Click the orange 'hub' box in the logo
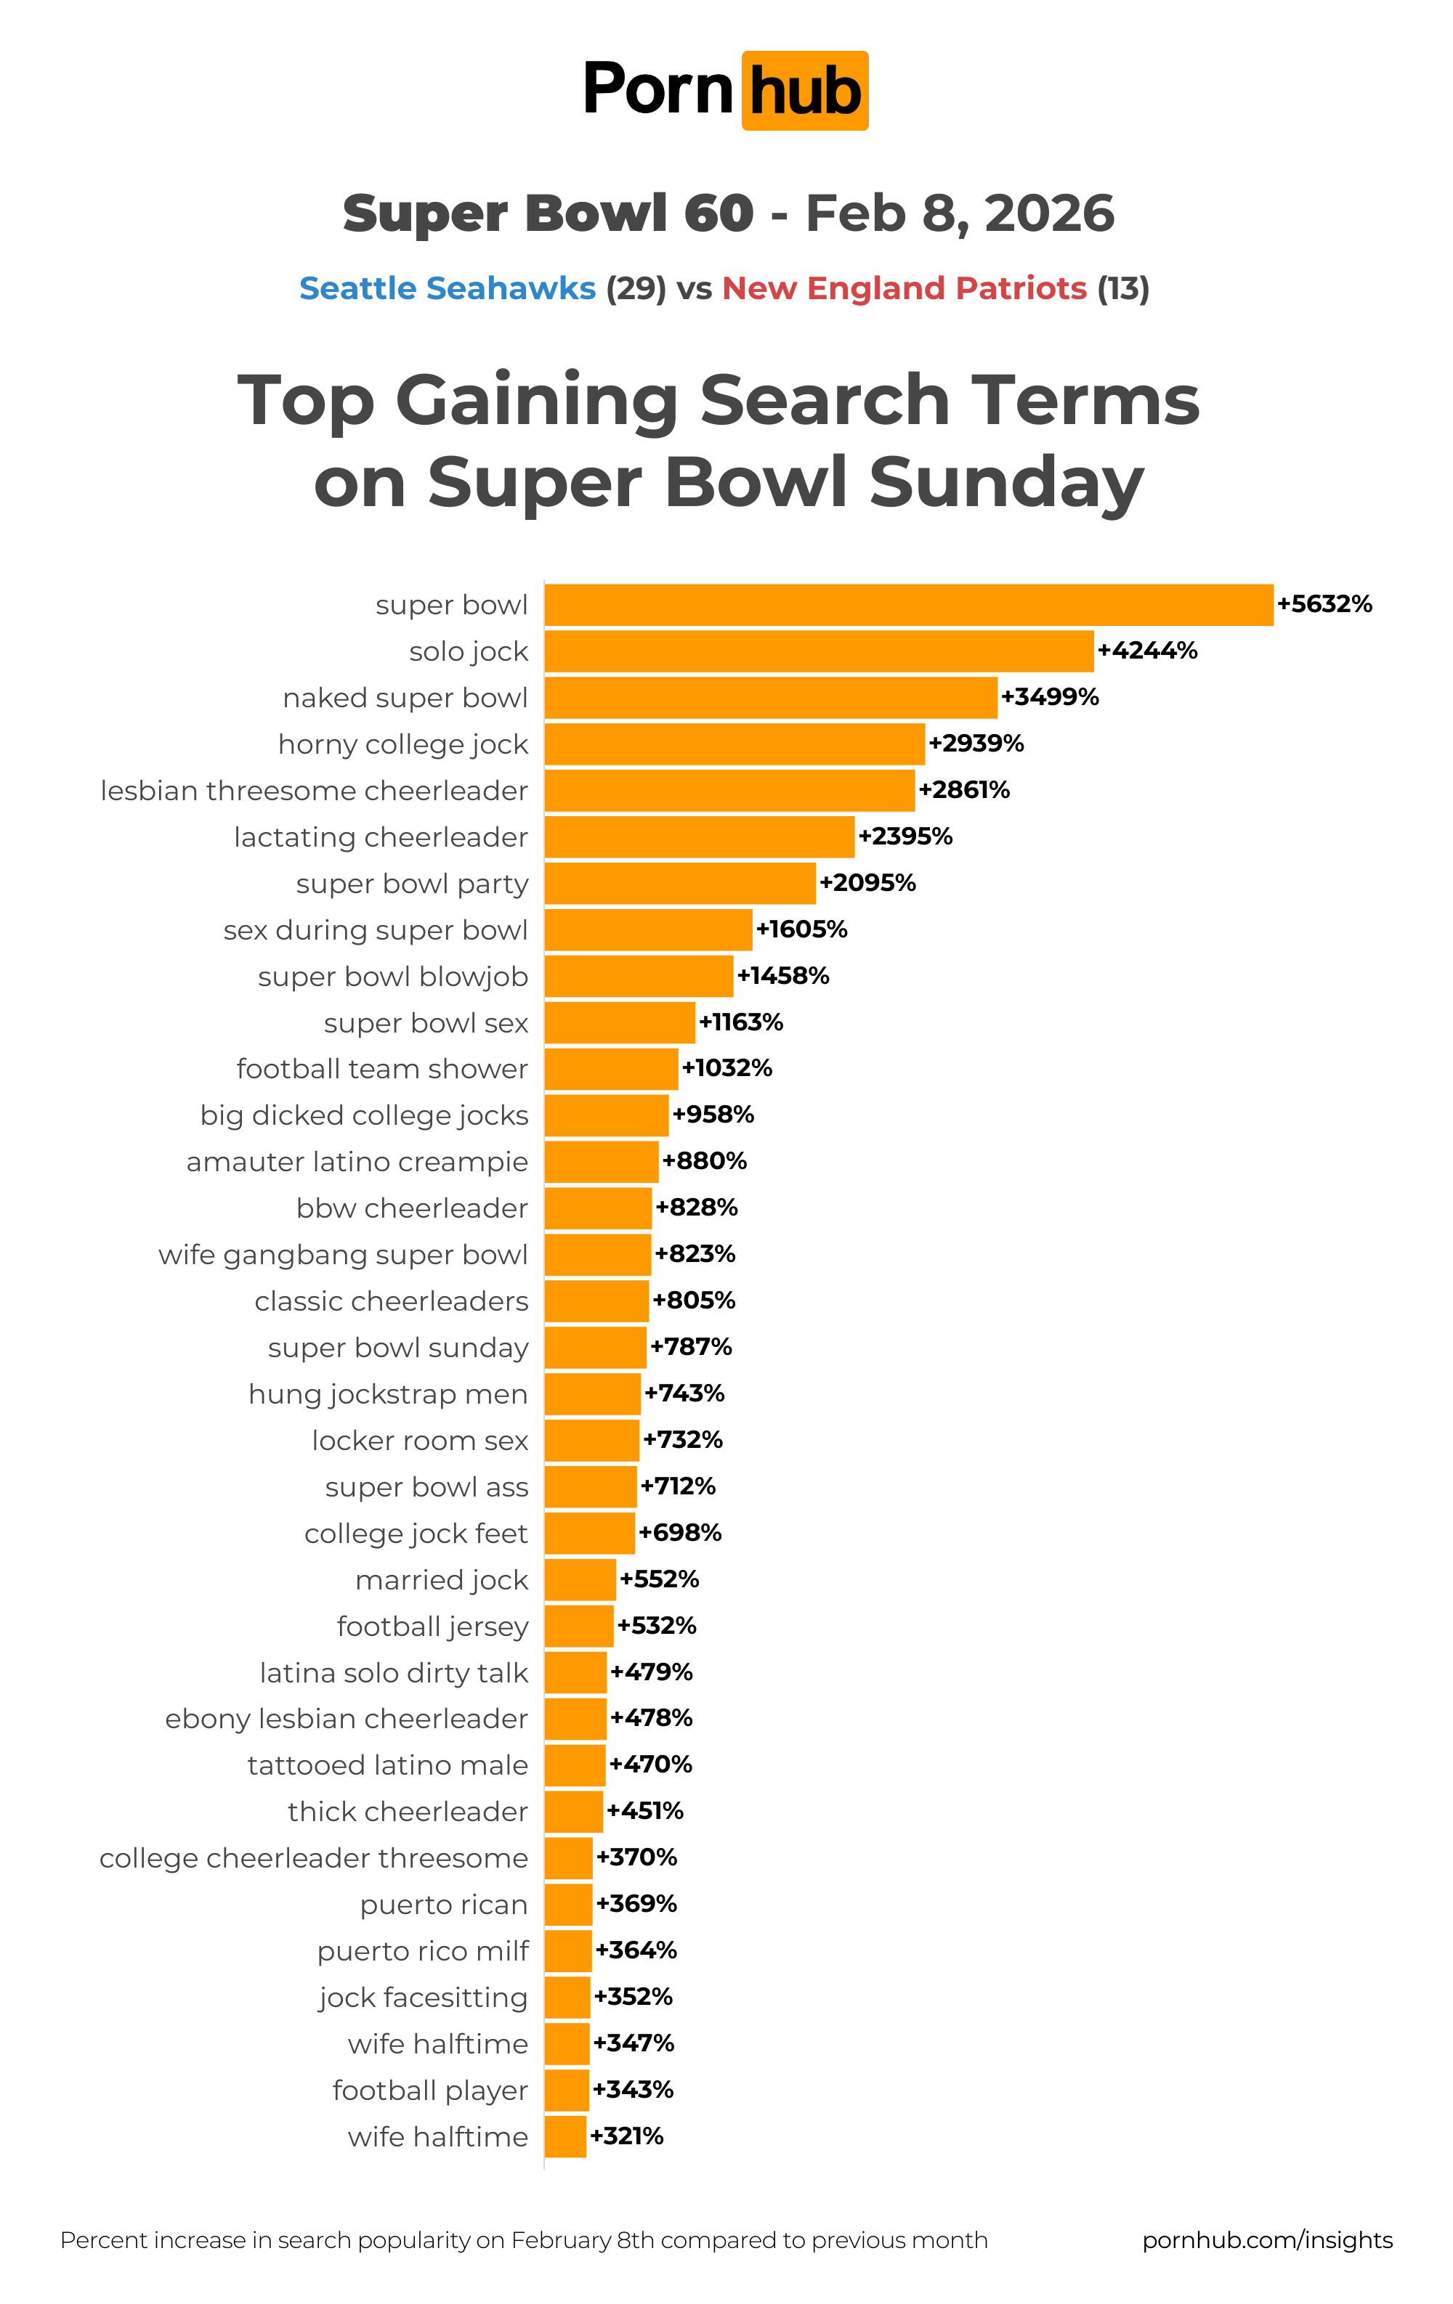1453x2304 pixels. coord(804,91)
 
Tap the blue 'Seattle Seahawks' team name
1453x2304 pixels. coord(447,288)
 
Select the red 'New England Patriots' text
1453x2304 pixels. coord(904,288)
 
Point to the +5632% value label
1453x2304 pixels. coord(1324,603)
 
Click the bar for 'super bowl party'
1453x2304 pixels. coord(679,883)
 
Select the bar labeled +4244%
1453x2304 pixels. coord(818,651)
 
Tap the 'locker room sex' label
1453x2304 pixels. coord(419,1440)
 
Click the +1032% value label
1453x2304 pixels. coord(726,1068)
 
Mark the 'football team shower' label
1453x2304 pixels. coord(382,1069)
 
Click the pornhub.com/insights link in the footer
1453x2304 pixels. coord(1267,2240)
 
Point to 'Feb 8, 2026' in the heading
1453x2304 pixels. coord(959,213)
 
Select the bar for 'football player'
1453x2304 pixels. coord(567,2090)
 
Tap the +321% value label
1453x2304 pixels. coord(626,2136)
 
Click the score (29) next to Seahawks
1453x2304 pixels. coord(636,288)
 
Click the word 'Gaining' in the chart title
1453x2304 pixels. coord(537,400)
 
